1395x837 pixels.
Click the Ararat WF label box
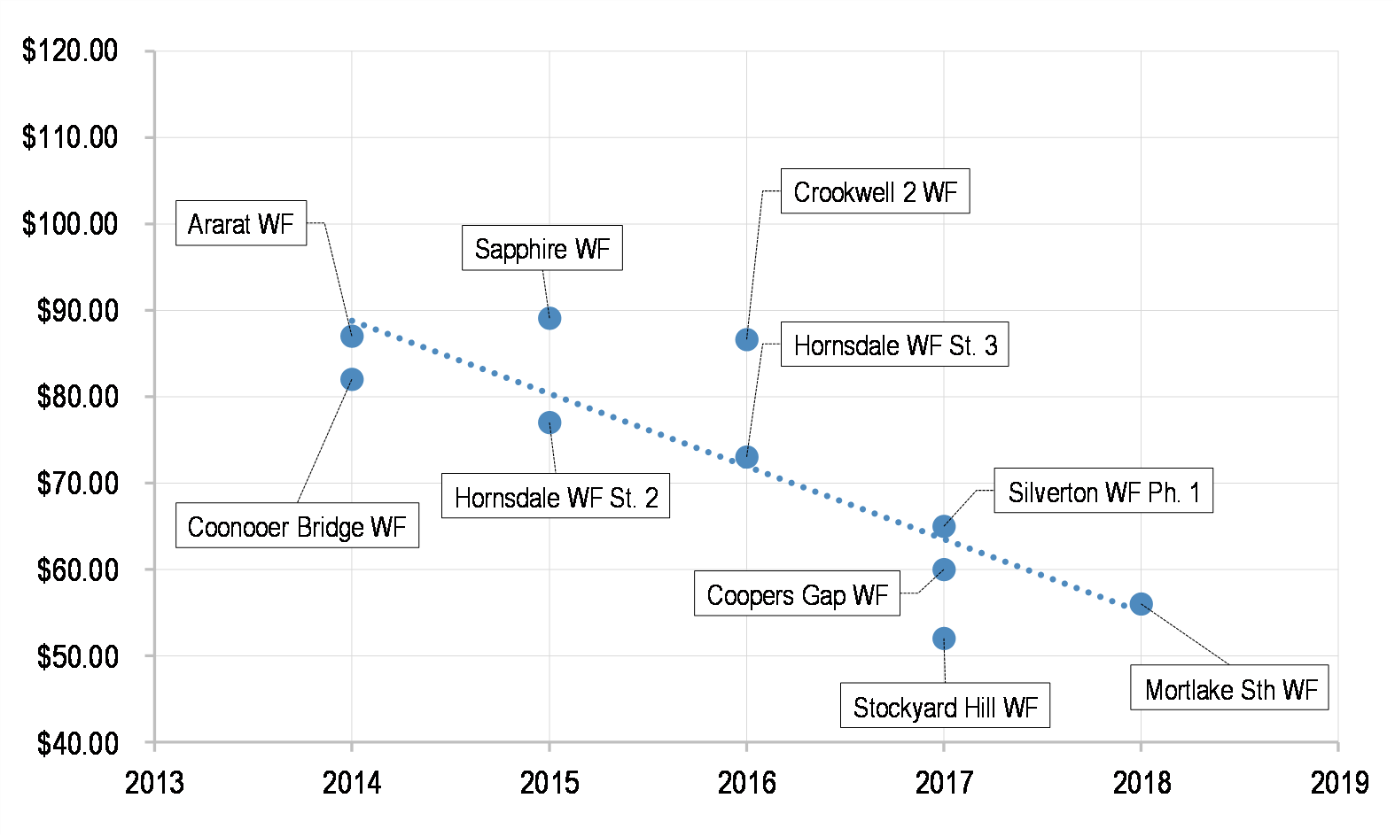(x=240, y=223)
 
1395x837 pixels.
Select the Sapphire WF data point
(x=549, y=318)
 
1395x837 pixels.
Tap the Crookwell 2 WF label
(x=875, y=191)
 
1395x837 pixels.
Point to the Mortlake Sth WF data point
(x=1142, y=604)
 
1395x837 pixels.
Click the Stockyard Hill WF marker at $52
(x=944, y=639)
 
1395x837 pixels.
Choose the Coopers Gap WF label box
(x=797, y=593)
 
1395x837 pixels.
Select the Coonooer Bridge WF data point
(x=352, y=379)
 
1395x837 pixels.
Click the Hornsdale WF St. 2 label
(x=556, y=496)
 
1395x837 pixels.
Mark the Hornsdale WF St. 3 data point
(x=747, y=457)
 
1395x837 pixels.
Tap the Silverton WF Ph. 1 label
(x=1103, y=491)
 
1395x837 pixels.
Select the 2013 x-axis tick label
(x=154, y=783)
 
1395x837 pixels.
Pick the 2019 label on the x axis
(x=1339, y=783)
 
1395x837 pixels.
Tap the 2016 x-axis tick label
(x=746, y=783)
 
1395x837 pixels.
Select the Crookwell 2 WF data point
(x=747, y=339)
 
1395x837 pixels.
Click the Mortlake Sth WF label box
(x=1229, y=688)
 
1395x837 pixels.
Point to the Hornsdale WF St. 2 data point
(x=549, y=422)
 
